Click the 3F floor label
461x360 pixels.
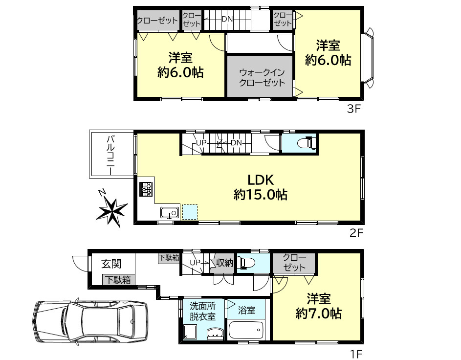coord(353,109)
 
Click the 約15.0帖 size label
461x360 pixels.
coord(260,195)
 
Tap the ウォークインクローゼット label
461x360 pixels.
coord(262,77)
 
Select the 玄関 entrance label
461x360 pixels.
coord(111,264)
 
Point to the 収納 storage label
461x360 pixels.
coord(224,263)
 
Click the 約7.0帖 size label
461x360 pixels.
coord(318,314)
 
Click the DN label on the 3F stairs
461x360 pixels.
coord(227,19)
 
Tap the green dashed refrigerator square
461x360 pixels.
coord(190,212)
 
